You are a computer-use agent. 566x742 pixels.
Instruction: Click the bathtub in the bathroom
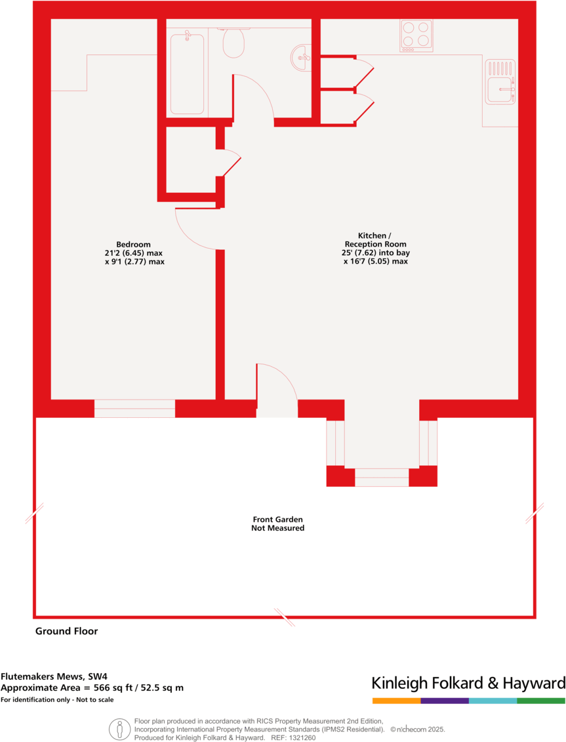click(x=187, y=72)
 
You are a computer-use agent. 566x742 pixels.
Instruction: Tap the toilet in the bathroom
click(x=233, y=42)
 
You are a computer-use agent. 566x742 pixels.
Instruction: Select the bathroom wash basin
click(x=302, y=54)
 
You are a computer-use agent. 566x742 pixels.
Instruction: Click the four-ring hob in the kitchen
click(x=416, y=35)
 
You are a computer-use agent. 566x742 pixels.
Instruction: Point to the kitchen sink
click(x=500, y=81)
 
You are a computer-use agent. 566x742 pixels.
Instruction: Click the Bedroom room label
click(x=134, y=245)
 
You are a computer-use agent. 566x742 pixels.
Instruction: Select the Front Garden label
click(x=277, y=523)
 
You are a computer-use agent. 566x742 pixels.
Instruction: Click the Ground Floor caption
click(x=66, y=631)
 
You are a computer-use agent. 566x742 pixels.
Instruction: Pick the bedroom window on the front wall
click(x=134, y=408)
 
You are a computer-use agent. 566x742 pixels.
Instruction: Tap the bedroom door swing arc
click(x=193, y=230)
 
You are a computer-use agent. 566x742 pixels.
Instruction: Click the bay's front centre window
click(x=382, y=477)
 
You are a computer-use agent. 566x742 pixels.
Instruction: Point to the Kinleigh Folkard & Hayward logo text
click(x=468, y=683)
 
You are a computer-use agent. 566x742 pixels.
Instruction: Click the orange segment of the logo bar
click(x=396, y=701)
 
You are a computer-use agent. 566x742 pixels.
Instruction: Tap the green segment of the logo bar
click(x=541, y=701)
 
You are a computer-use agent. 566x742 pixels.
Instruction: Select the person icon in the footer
click(x=119, y=728)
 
